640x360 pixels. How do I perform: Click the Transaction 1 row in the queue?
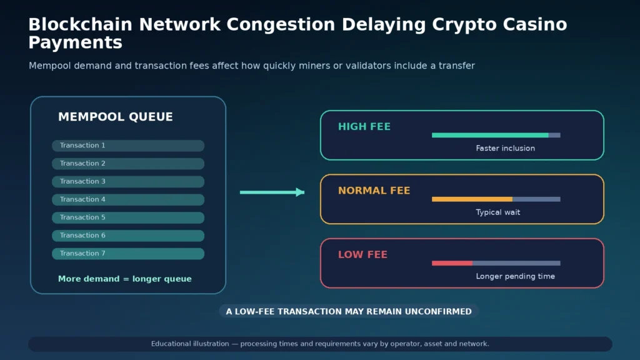coord(128,146)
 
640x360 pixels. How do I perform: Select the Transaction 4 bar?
coord(128,199)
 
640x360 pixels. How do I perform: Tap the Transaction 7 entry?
coord(128,254)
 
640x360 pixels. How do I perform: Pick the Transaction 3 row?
coord(128,182)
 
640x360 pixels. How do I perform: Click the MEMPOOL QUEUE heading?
coord(116,117)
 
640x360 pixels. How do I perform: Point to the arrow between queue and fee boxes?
coord(272,192)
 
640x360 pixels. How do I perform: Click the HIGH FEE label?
coord(364,126)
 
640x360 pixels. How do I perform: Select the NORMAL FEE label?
coord(374,191)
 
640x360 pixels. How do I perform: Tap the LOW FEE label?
coord(362,255)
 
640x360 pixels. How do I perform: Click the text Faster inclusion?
coord(505,148)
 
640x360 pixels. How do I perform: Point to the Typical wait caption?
coord(498,212)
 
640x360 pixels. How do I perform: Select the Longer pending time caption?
coord(515,276)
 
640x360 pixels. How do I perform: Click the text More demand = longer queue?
coord(124,279)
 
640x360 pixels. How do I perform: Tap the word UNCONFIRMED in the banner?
coord(438,311)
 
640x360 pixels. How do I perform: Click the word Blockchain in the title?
coord(81,24)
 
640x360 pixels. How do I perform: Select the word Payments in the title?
coord(76,42)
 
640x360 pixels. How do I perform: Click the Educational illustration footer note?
coord(320,344)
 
